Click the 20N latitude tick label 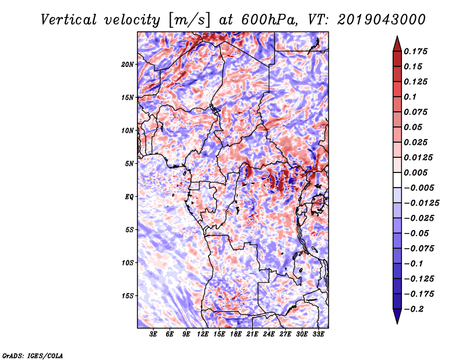coord(128,65)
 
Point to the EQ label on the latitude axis coord(129,197)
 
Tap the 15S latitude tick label coord(128,296)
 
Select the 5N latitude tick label coord(129,164)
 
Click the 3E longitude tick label coord(153,334)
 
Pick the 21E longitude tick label coord(252,334)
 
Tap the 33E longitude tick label coord(318,334)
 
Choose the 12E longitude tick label coord(203,334)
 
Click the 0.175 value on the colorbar coord(415,51)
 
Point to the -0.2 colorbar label coord(414,309)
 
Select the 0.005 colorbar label coord(415,172)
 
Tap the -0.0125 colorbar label coord(421,203)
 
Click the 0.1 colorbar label coord(410,97)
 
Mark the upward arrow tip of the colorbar coord(397,36)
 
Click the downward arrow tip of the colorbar coord(397,323)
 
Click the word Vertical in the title coord(69,20)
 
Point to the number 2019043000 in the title coord(382,20)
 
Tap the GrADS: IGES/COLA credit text coord(33,355)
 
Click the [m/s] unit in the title coord(189,20)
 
